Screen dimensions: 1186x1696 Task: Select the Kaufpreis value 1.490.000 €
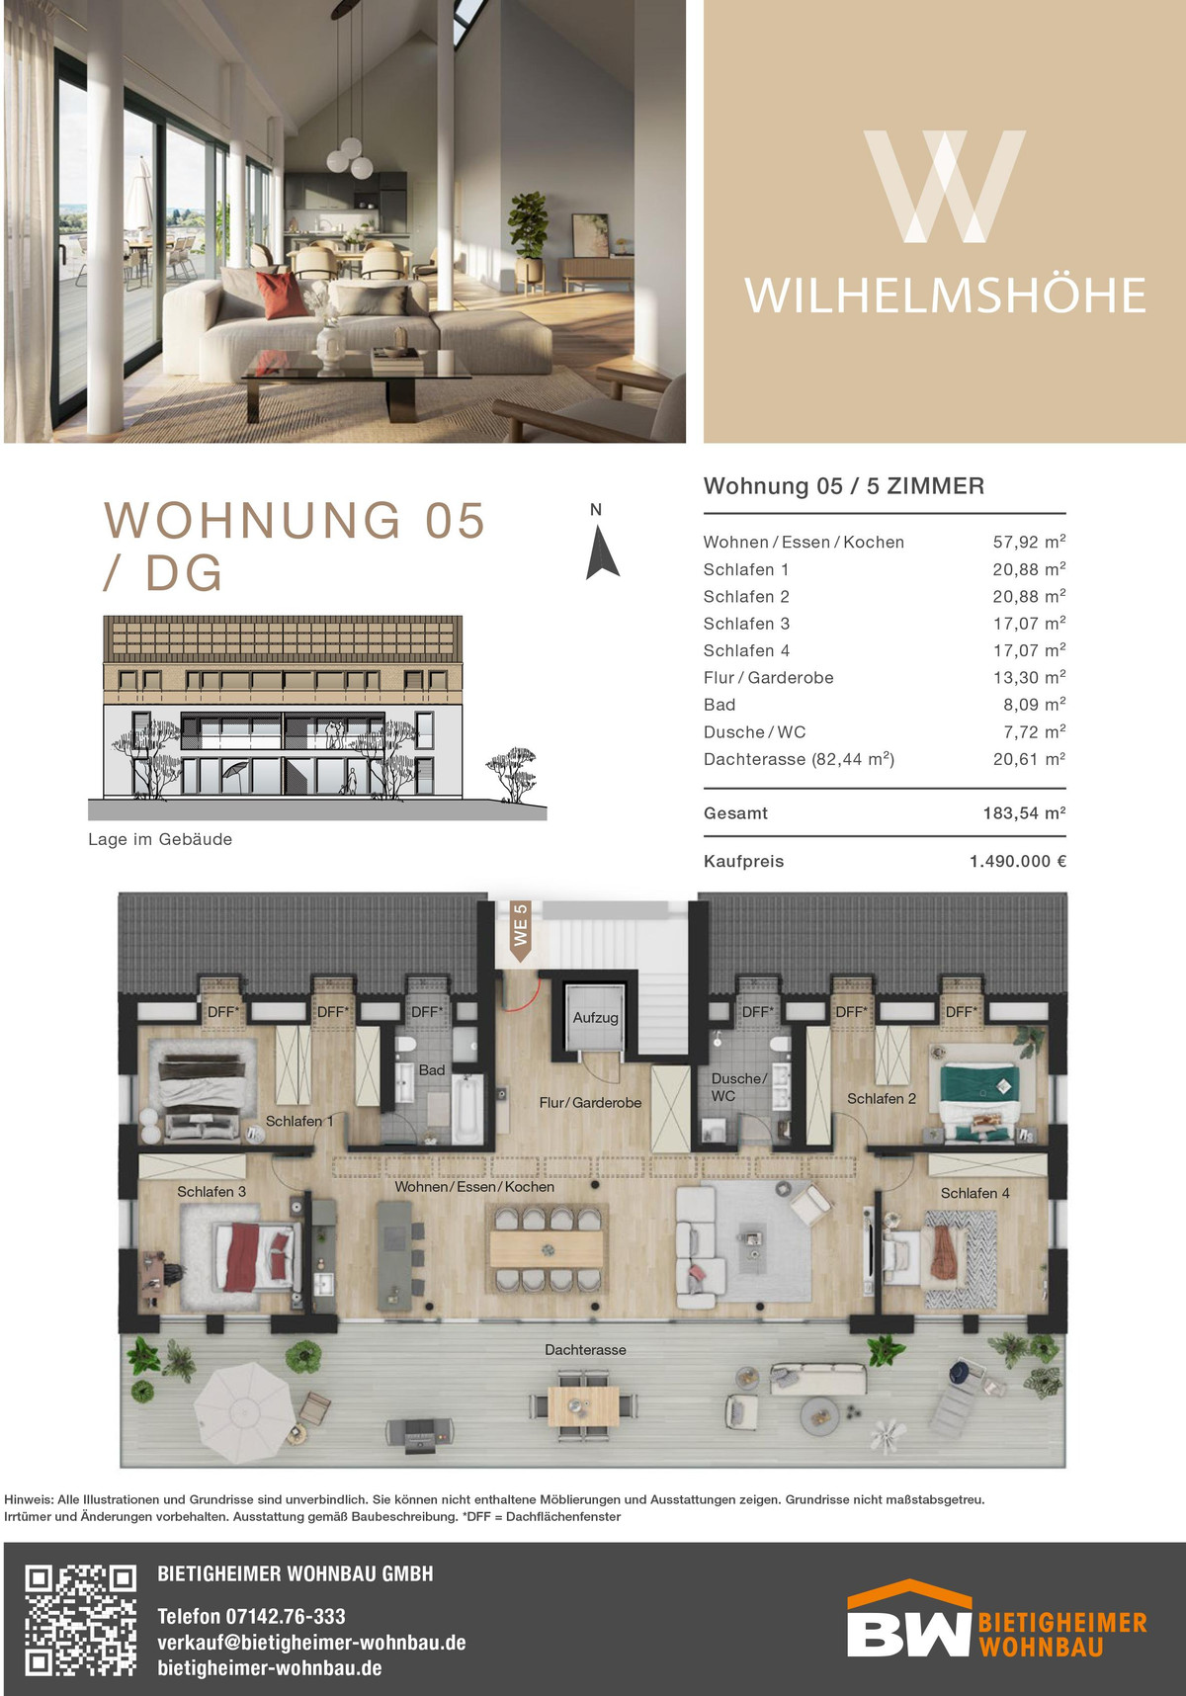click(x=1018, y=861)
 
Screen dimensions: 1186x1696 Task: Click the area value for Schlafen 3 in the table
click(x=1029, y=624)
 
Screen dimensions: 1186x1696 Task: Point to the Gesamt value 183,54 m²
click(x=1024, y=813)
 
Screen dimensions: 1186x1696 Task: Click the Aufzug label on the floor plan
click(x=596, y=1017)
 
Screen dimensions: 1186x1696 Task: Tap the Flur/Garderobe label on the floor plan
click(x=590, y=1102)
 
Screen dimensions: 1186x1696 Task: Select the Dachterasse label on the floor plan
click(x=585, y=1349)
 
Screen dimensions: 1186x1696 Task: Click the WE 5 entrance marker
click(x=521, y=930)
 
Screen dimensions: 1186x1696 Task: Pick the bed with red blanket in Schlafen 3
click(x=254, y=1256)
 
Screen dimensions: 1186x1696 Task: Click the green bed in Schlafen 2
click(x=979, y=1097)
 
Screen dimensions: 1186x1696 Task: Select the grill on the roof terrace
click(x=419, y=1431)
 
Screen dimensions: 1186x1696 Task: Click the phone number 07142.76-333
click(x=286, y=1616)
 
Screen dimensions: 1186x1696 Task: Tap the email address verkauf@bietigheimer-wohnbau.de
click(x=311, y=1643)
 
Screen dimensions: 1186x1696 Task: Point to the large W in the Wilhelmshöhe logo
click(x=945, y=187)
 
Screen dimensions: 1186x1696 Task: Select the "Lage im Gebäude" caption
click(x=160, y=839)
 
